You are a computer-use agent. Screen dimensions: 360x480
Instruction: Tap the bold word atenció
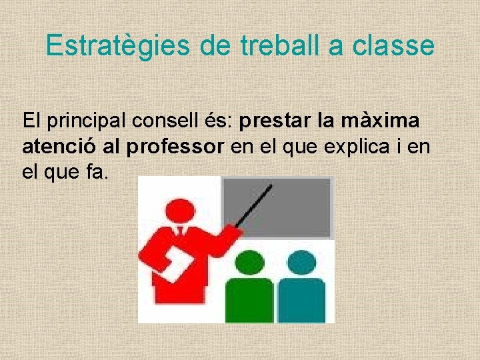tap(56, 147)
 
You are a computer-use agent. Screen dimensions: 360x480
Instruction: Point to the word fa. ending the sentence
tap(95, 172)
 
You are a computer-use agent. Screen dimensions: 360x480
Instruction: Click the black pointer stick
tap(253, 206)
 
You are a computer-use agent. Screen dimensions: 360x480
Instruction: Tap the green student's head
tap(249, 263)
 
